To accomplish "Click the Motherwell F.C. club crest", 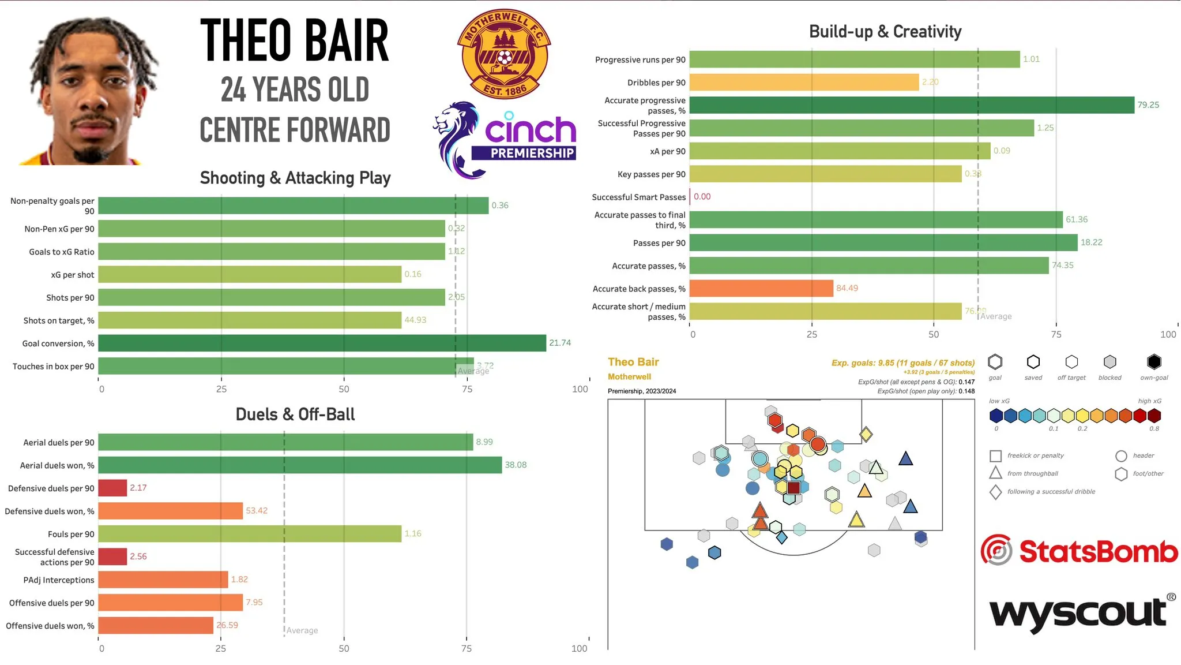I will (504, 54).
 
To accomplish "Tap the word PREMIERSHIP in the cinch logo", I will (532, 153).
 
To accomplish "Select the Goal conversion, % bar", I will (322, 343).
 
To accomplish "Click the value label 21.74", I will (559, 343).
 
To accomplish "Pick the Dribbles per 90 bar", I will (804, 82).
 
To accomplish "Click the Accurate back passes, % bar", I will (761, 288).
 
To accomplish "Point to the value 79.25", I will (1148, 105).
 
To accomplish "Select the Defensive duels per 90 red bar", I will (112, 488).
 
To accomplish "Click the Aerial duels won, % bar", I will (300, 465).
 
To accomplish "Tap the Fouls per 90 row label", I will (71, 534).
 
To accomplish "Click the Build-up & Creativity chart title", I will (885, 32).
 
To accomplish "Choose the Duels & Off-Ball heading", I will (295, 414).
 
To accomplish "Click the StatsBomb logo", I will (1079, 551).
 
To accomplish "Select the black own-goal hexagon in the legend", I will (1153, 362).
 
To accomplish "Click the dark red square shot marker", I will (793, 488).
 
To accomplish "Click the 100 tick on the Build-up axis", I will (1168, 334).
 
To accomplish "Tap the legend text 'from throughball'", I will (1032, 473).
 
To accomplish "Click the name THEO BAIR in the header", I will (294, 40).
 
